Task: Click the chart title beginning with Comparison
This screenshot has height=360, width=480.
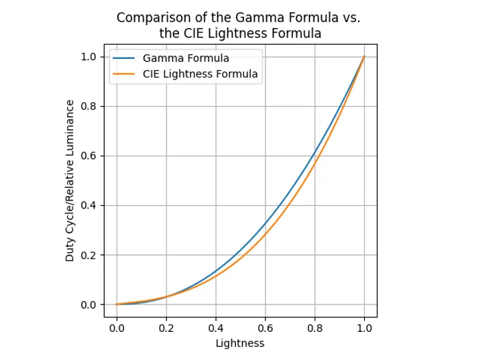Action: [x=239, y=25]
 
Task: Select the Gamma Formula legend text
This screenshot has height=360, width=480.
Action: [x=186, y=58]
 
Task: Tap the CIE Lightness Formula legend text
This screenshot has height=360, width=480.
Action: [x=200, y=74]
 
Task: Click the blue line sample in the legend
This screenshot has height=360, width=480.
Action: [x=125, y=58]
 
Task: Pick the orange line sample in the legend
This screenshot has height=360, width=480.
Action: [x=125, y=74]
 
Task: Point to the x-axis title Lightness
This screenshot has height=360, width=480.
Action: [x=240, y=343]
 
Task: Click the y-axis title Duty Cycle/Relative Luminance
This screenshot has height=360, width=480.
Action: [x=70, y=180]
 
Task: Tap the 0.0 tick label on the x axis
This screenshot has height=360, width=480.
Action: [x=117, y=328]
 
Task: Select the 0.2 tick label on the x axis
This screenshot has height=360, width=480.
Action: [x=166, y=328]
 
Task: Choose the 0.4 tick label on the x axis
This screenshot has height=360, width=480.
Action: [x=215, y=328]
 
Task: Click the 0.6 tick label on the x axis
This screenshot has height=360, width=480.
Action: [x=265, y=328]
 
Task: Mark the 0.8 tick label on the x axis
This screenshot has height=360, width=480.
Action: [x=315, y=328]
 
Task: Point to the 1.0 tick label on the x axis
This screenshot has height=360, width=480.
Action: [x=364, y=328]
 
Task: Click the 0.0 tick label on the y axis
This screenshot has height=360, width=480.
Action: [x=90, y=304]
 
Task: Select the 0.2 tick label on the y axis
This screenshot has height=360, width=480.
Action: [x=90, y=255]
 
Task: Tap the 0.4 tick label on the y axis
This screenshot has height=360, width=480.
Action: [x=90, y=205]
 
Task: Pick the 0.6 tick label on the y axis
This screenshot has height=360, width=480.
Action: [x=90, y=156]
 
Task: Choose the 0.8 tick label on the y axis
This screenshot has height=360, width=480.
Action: [x=90, y=106]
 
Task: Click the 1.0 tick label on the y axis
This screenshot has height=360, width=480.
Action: [x=90, y=56]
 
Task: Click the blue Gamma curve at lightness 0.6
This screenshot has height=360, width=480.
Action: [x=265, y=224]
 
